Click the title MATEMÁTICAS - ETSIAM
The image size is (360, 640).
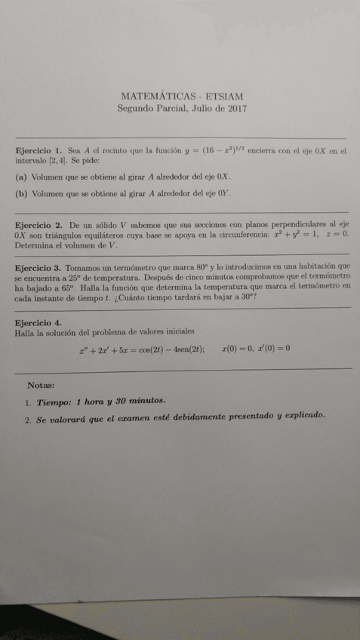pos(181,96)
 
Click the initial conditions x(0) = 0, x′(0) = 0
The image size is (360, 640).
pos(257,349)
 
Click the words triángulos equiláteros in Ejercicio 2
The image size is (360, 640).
pos(80,235)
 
